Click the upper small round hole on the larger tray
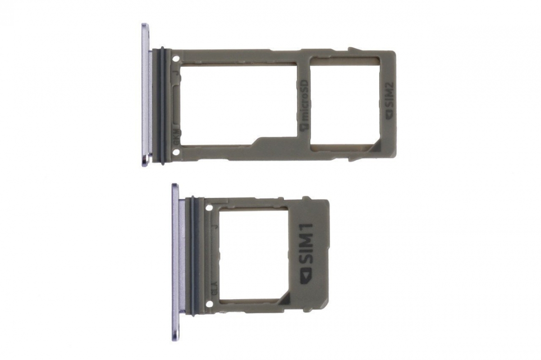click(175, 58)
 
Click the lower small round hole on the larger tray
click(175, 151)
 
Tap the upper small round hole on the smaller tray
click(210, 208)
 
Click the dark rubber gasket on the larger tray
click(160, 104)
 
